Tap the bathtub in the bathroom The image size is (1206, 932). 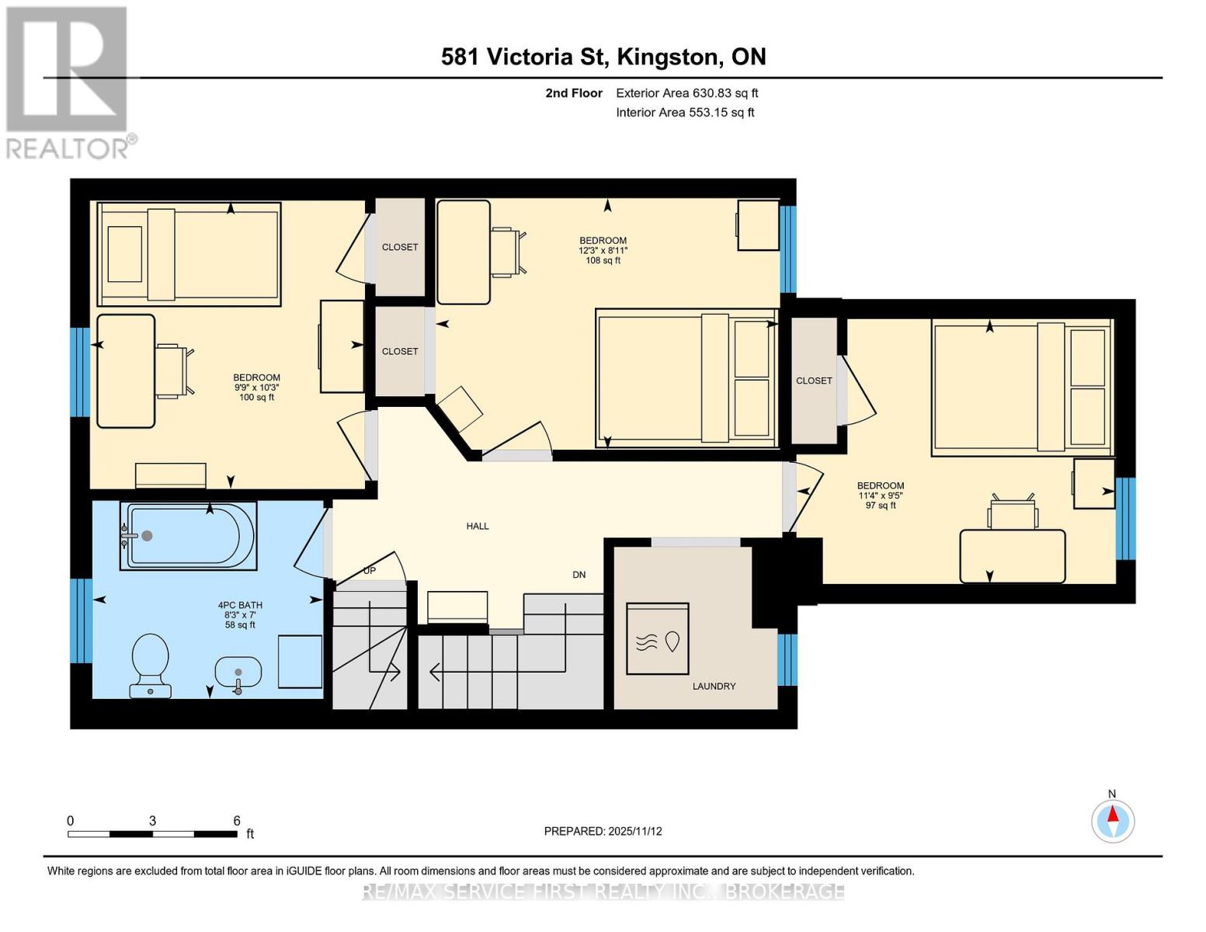point(187,536)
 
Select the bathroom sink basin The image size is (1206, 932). point(238,673)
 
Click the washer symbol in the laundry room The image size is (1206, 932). point(658,638)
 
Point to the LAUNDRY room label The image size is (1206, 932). point(714,687)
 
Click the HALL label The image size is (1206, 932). point(477,527)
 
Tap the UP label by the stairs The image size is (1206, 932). point(370,571)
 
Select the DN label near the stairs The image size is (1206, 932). point(579,575)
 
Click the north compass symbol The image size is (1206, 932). point(1113,820)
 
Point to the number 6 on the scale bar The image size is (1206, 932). point(237,821)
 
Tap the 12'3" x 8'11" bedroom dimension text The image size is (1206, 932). point(603,251)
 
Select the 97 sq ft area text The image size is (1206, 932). point(881,506)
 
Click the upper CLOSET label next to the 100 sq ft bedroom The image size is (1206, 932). point(400,247)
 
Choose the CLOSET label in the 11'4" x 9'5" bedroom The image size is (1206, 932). point(814,381)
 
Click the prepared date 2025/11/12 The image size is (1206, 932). point(634,831)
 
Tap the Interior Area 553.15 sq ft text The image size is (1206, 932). point(685,113)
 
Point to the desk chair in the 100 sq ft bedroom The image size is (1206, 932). point(172,371)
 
